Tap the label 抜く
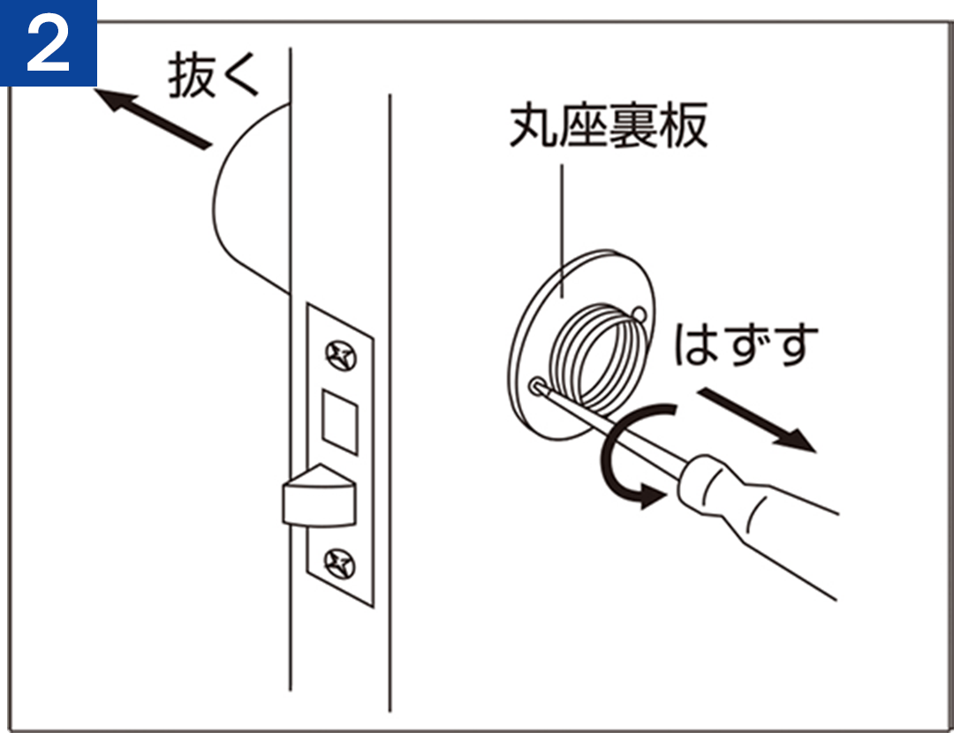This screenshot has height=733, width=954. (x=214, y=75)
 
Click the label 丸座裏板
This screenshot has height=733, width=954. (x=609, y=125)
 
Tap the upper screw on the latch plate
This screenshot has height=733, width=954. (x=341, y=356)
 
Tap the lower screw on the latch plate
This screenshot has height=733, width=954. (x=339, y=563)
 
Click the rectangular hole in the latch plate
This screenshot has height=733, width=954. (x=339, y=421)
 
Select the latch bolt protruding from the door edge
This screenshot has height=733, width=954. (x=319, y=495)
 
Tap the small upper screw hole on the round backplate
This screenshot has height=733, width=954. (x=639, y=314)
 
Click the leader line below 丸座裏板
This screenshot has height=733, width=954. (x=562, y=231)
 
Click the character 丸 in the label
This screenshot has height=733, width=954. (x=533, y=125)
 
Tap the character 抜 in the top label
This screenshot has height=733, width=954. (x=192, y=75)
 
